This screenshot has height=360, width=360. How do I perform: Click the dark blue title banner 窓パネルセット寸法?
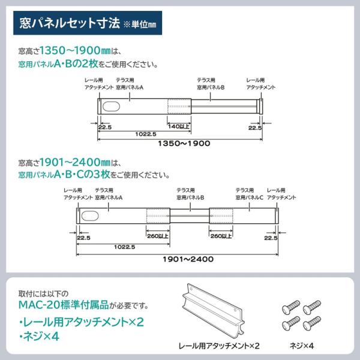click(x=88, y=23)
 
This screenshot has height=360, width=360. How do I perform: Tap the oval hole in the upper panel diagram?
click(x=111, y=106)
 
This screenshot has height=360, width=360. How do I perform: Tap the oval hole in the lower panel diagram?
click(x=90, y=216)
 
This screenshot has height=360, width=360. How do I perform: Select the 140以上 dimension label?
click(x=179, y=126)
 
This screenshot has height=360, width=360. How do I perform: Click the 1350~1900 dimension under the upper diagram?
click(x=184, y=143)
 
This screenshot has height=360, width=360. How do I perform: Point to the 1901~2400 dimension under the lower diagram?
click(x=188, y=259)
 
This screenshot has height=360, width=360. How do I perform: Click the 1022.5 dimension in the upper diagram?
click(x=146, y=134)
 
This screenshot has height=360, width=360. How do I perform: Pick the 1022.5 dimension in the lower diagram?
click(x=124, y=247)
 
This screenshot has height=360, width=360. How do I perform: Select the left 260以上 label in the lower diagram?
click(x=158, y=236)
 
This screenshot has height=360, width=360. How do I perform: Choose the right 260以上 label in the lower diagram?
click(x=221, y=236)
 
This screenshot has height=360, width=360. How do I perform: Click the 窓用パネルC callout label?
click(x=249, y=197)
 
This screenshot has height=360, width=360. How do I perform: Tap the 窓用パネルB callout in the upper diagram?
click(x=211, y=88)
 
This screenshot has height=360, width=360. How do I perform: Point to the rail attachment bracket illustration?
click(x=213, y=311)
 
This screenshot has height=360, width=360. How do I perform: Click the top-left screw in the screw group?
click(x=291, y=307)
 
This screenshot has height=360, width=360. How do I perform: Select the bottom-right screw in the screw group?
click(x=311, y=323)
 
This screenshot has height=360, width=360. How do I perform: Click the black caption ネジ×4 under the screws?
click(x=301, y=346)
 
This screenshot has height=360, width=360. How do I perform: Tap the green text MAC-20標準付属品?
click(x=64, y=305)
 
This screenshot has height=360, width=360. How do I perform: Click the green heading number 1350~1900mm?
click(x=75, y=50)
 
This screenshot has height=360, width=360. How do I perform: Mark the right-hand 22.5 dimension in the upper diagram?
click(x=255, y=128)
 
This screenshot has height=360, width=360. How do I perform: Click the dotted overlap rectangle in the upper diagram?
click(x=179, y=106)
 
